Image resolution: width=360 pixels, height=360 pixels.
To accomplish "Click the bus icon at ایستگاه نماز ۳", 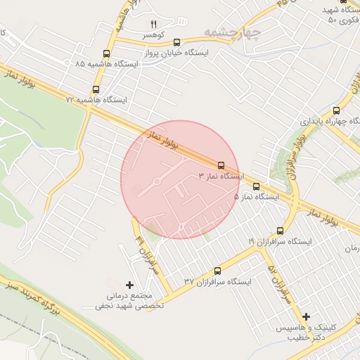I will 221,165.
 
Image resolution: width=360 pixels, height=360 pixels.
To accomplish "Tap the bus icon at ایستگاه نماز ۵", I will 256,186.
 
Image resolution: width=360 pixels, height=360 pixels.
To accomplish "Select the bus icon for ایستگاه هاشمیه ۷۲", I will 96,89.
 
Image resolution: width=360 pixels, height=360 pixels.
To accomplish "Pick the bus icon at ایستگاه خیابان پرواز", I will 176,42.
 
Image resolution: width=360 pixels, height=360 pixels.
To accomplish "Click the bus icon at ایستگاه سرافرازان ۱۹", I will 280,231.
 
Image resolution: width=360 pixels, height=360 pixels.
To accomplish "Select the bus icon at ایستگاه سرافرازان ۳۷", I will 217,271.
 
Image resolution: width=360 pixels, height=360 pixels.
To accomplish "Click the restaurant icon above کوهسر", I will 153,24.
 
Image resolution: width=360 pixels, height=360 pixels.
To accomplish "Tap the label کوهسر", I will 153,34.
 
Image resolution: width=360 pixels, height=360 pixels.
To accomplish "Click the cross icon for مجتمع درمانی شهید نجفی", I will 129,285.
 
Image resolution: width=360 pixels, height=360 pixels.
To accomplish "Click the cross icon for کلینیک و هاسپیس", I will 306,316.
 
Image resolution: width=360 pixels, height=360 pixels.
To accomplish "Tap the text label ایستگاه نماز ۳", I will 220,176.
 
